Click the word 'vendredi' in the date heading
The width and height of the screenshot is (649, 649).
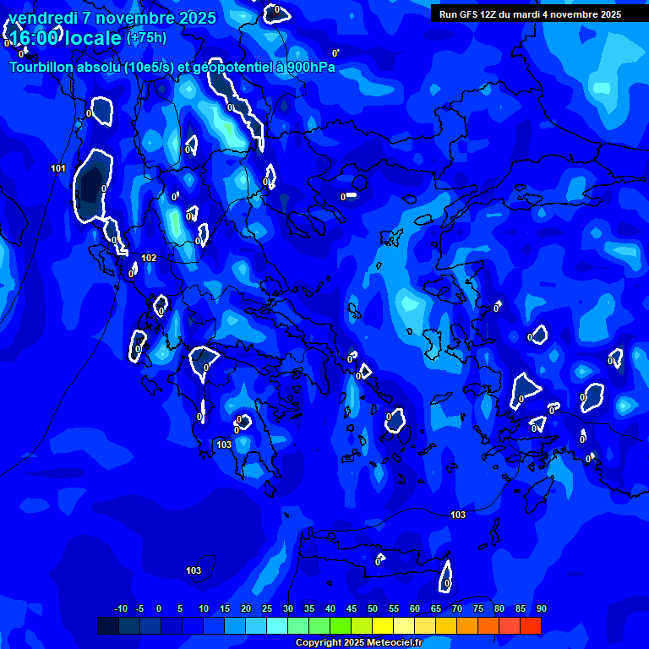click(x=43, y=18)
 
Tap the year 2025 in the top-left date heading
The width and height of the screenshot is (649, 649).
click(x=197, y=18)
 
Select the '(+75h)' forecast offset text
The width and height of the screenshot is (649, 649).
click(x=146, y=38)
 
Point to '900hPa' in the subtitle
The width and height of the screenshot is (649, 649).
click(x=310, y=68)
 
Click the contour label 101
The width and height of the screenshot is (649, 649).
click(x=58, y=168)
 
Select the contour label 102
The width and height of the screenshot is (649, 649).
click(x=149, y=258)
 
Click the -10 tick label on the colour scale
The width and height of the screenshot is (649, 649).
click(x=120, y=608)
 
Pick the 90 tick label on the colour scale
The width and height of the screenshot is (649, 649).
click(x=541, y=608)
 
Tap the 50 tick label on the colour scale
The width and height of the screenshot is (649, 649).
click(x=373, y=608)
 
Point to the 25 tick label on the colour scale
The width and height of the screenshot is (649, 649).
click(x=267, y=608)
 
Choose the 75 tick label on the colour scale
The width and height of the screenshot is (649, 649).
click(x=478, y=608)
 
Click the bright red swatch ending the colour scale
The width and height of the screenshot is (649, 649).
click(x=531, y=625)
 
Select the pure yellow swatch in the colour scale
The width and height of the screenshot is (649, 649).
click(x=383, y=625)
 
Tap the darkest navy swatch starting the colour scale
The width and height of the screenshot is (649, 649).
click(x=107, y=625)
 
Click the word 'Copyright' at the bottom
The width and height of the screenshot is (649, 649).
click(x=319, y=643)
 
